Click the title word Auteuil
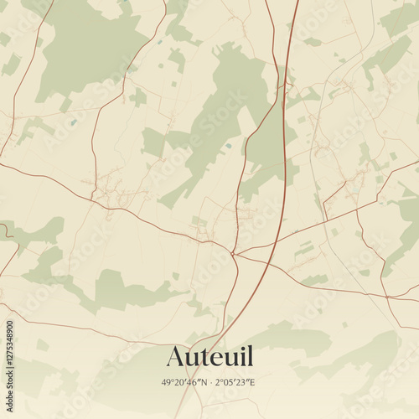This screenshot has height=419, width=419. (209, 357)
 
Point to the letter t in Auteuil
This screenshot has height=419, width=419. (204, 358)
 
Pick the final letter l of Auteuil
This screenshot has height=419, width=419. (248, 356)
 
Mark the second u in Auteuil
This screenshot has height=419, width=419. (228, 360)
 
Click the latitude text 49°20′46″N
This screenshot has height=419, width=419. (183, 382)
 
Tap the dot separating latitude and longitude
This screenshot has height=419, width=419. (209, 382)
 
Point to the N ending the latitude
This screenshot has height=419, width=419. (200, 382)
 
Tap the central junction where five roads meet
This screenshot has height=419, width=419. (235, 253)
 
